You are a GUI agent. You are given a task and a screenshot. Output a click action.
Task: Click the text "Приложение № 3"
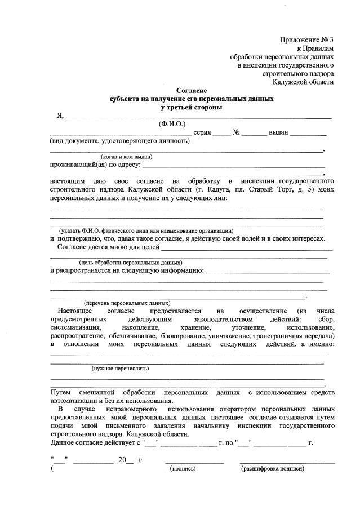point(306,39)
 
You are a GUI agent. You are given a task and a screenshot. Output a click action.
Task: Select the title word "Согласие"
point(192,90)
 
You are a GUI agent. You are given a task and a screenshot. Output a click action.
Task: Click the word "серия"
point(202,132)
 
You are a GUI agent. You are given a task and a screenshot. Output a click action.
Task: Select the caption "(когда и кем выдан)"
point(126,157)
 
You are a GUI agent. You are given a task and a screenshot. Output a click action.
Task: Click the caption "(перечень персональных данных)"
point(127,303)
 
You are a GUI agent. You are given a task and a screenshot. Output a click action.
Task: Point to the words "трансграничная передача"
point(295,335)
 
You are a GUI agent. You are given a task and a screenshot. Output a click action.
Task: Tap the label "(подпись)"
point(183,468)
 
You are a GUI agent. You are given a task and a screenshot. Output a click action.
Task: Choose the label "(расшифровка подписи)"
point(272,468)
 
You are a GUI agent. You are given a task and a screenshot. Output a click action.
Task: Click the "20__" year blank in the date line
point(126,460)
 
